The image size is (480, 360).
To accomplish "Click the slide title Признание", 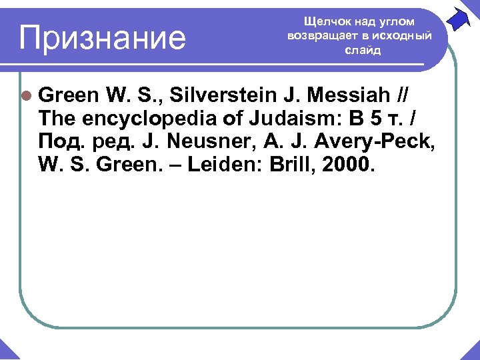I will tap(102, 38).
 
